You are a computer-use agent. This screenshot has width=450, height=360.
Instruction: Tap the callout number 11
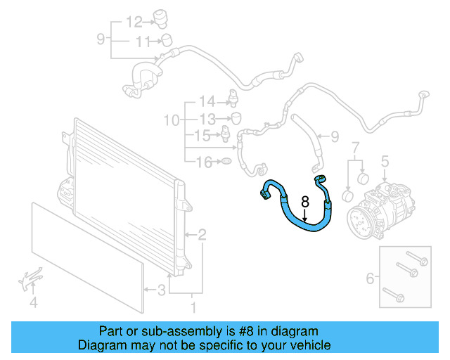[143, 42]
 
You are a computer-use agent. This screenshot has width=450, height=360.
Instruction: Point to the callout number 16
[203, 163]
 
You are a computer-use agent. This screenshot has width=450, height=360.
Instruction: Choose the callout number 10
[172, 121]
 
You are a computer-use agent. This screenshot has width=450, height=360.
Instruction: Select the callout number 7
[355, 148]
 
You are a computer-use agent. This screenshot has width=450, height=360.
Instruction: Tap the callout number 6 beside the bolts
[370, 279]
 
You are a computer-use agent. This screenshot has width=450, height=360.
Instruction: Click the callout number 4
[33, 304]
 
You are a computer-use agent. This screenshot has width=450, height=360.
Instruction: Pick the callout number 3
[161, 289]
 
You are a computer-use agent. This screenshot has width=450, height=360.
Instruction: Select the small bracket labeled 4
[30, 281]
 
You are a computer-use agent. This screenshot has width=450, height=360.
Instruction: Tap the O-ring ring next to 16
[226, 163]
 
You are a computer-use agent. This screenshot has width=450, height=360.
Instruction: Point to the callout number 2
[202, 234]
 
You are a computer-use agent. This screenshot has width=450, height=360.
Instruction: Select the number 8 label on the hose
[304, 201]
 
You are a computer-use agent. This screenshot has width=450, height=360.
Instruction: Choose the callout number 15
[202, 134]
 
